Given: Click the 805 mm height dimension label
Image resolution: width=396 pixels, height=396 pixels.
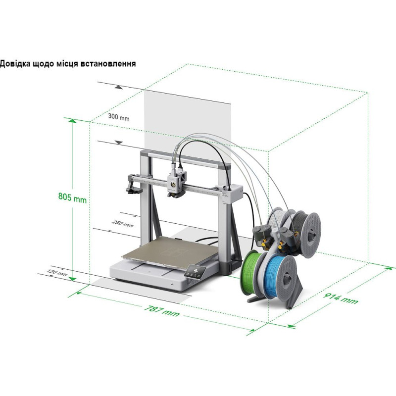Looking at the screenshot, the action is [72, 198].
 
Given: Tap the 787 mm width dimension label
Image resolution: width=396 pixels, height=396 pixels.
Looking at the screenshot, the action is [162, 311].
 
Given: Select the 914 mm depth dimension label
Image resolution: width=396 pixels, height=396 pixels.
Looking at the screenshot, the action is [341, 298].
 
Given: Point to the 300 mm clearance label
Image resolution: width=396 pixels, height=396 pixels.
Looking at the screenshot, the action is [118, 117].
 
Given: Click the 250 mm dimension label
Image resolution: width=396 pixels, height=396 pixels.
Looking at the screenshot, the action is [122, 223].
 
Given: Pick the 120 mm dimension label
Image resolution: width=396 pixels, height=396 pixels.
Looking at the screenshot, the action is [57, 273].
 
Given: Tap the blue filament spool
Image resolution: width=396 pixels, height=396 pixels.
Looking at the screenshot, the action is [279, 275].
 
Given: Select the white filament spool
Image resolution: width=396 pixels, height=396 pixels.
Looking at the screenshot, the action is [279, 218].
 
